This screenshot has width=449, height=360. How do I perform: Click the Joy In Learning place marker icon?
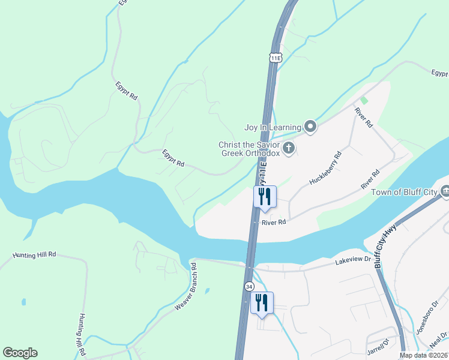coord(310,127)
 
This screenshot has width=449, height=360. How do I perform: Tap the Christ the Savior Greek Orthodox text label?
coord(249,149)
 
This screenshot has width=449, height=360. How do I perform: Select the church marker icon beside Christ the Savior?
coord(289,148)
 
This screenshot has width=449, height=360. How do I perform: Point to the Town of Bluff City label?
coord(405,192)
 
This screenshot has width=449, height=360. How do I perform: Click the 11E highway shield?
coord(275,58)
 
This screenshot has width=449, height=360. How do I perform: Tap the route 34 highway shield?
coord(249,287)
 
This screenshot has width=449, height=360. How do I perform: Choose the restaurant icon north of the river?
coord(265,196)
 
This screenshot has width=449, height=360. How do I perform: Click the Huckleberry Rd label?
coord(325,168)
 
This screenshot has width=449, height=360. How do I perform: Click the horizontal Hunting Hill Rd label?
coord(34,255)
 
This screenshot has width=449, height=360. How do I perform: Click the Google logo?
coord(20,353)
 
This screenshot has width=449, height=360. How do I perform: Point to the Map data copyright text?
coord(424,355)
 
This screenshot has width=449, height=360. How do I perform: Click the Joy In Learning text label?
coord(272,127)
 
